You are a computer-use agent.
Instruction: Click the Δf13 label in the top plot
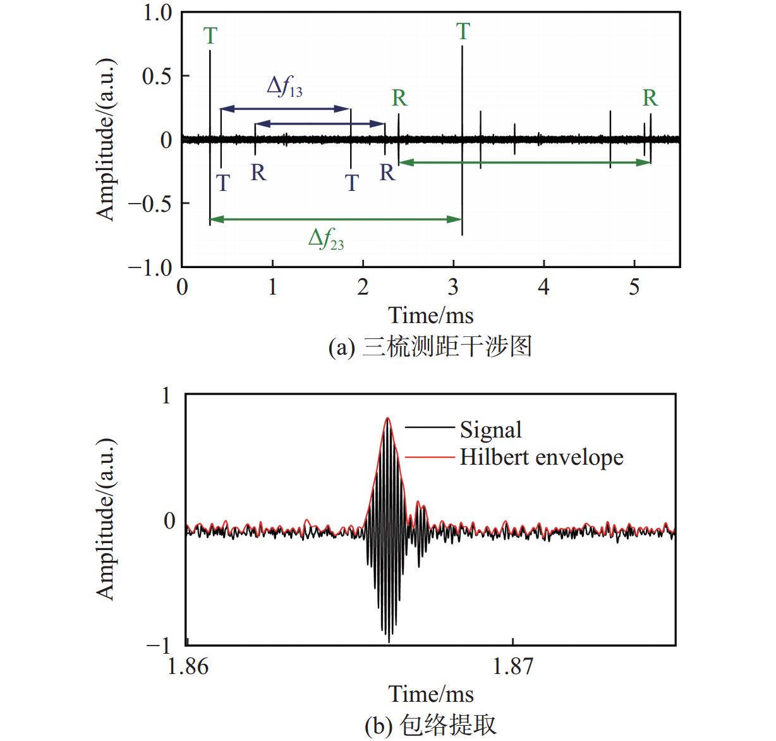click(285, 87)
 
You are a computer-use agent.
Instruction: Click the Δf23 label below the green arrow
click(326, 239)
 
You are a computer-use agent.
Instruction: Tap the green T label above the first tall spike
click(210, 36)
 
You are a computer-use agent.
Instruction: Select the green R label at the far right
click(650, 98)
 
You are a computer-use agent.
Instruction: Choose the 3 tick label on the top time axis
click(453, 287)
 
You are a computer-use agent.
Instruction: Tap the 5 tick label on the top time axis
click(634, 287)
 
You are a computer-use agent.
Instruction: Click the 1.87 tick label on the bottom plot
click(512, 666)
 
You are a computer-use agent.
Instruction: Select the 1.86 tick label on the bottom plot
click(188, 666)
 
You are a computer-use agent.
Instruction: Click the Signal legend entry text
click(490, 430)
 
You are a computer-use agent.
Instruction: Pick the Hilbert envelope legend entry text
click(541, 457)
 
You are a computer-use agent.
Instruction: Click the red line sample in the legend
click(429, 457)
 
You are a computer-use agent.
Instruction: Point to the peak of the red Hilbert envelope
click(387, 418)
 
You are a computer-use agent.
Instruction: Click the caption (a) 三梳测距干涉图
click(430, 347)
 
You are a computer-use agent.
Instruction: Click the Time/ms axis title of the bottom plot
click(430, 694)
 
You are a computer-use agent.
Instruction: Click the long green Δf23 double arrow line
click(335, 219)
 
